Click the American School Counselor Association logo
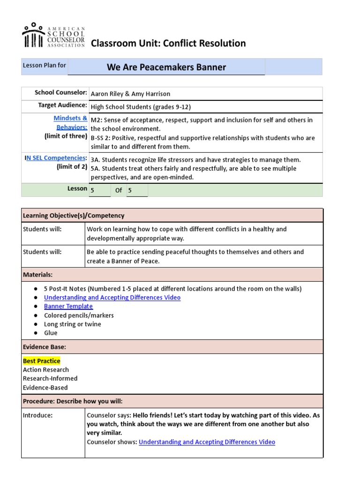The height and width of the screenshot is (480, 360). click(53, 36)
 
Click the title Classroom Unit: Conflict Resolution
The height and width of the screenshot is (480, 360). click(168, 44)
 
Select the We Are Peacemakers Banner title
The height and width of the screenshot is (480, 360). click(166, 67)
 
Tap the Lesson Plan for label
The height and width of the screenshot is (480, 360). click(45, 66)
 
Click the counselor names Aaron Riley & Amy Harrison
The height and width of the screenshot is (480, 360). click(130, 94)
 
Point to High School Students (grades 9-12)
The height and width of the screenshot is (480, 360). click(141, 107)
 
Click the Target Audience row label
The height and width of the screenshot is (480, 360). click(62, 105)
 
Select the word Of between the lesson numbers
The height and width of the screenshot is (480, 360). click(119, 190)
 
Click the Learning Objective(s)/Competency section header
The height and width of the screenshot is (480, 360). click(74, 216)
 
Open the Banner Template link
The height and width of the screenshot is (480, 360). click(68, 307)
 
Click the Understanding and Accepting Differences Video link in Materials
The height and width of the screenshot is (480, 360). click(112, 298)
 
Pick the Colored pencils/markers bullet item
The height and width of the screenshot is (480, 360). click(79, 315)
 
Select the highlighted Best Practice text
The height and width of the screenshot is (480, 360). click(42, 361)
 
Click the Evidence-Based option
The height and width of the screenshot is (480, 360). click(45, 388)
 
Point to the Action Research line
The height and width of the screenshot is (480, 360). click(46, 370)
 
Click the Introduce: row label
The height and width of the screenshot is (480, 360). click(38, 415)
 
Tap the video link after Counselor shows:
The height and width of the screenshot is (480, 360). click(207, 442)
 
